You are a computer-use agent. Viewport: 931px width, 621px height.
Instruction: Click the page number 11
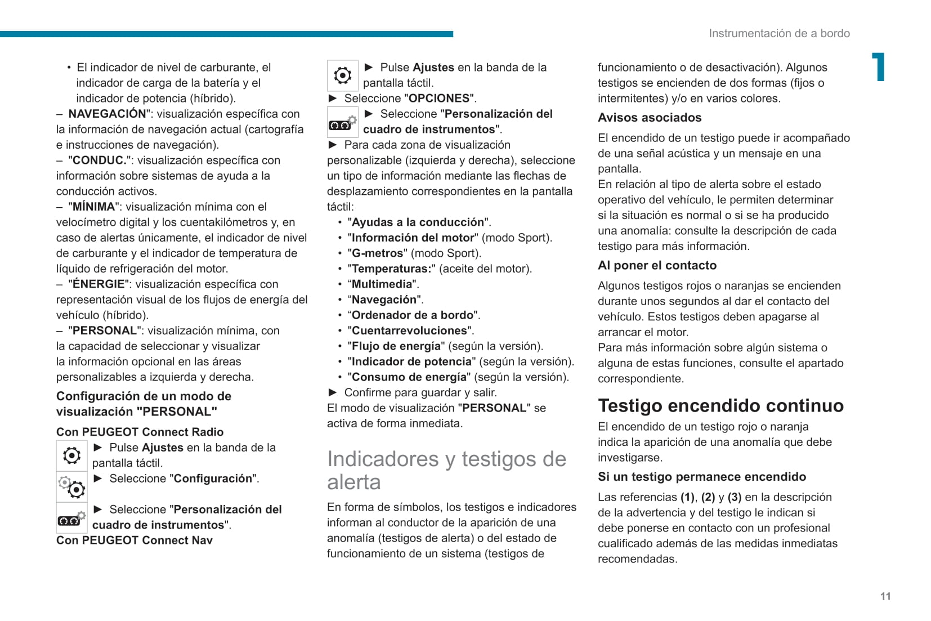point(885,596)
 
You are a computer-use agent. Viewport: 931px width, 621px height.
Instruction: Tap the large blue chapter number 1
point(878,68)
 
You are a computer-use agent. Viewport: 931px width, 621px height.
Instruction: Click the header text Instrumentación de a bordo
point(779,33)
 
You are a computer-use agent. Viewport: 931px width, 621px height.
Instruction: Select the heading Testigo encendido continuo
point(720,405)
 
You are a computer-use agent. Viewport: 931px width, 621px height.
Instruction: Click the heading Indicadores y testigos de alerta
point(446,470)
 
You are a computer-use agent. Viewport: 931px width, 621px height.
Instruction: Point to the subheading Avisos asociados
point(650,118)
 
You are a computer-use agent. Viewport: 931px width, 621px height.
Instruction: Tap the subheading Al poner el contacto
point(657,265)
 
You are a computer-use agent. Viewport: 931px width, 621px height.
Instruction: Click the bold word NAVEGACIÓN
point(107,114)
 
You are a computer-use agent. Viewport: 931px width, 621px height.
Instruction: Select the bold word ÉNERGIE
point(99,284)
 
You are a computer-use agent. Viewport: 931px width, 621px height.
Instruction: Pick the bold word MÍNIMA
point(94,207)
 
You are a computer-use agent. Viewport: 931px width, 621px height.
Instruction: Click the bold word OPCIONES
point(439,99)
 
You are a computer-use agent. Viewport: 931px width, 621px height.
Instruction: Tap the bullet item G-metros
point(378,253)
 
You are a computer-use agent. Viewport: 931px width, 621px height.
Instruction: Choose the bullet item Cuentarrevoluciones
point(410,330)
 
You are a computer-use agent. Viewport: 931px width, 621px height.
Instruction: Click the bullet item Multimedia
point(382,284)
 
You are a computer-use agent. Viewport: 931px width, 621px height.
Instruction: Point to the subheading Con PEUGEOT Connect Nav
point(135,540)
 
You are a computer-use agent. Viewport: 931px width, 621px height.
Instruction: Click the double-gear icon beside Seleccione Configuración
point(71,486)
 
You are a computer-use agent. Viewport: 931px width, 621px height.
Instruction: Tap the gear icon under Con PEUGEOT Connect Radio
point(71,455)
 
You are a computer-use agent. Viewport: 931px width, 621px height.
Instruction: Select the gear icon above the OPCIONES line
point(342,75)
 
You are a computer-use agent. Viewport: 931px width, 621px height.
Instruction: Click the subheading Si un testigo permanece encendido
point(702,477)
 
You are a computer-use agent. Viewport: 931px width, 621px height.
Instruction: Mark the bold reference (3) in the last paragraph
point(734,497)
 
